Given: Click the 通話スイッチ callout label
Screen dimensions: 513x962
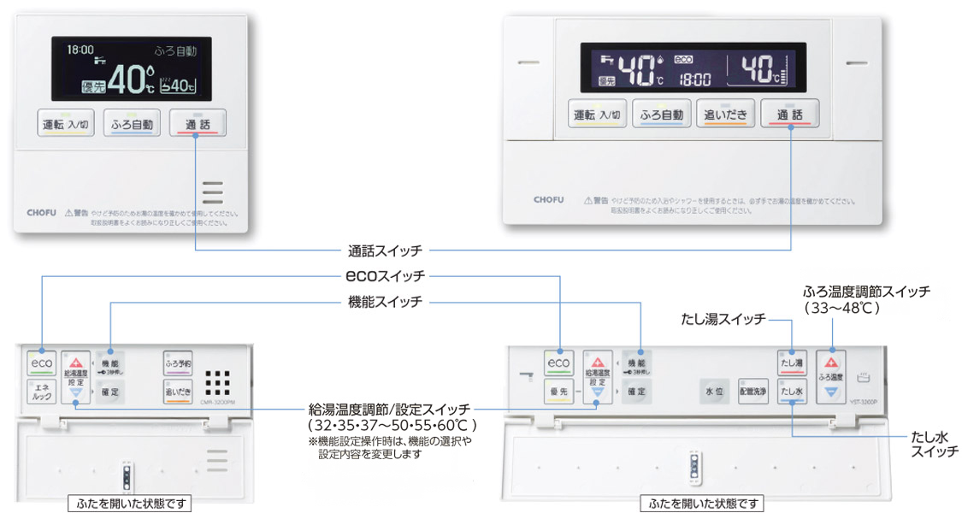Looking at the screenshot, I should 385,251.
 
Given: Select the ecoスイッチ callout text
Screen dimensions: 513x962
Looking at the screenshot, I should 385,276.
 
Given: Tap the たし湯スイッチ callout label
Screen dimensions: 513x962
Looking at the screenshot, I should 723,320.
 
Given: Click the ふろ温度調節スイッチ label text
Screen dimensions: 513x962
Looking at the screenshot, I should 866,292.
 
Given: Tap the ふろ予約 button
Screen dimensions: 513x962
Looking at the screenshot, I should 178,363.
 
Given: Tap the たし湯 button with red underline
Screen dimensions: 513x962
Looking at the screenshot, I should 792,363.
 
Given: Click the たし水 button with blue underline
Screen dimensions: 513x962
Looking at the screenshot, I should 792,392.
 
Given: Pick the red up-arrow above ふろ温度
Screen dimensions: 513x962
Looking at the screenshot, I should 831,361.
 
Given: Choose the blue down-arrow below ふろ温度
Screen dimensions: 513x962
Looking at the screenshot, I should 831,392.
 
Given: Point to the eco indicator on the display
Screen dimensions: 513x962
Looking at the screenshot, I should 682,60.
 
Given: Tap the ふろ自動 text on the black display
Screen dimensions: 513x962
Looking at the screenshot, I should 175,51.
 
